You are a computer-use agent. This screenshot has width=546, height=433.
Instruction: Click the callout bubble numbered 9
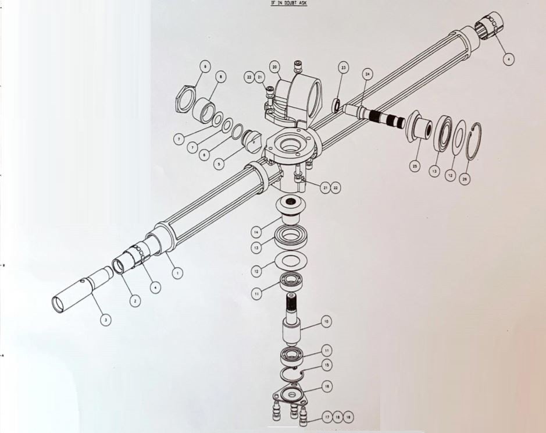[204, 68]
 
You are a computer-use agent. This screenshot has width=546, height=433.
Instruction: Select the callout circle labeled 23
[344, 68]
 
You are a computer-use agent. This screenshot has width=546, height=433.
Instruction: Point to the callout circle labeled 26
[464, 180]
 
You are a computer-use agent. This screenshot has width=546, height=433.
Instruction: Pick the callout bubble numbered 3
[105, 320]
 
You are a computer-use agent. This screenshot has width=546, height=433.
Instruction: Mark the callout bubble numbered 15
[327, 364]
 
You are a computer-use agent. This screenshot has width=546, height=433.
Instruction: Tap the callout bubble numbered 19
[348, 417]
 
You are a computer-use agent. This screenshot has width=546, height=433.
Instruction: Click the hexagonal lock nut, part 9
[187, 101]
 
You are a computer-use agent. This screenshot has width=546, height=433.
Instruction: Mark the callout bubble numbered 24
[367, 74]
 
